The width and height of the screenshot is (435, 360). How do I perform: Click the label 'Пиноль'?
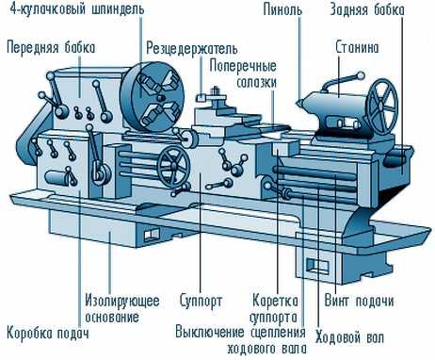(x=282, y=10)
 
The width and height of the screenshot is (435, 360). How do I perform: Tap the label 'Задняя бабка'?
(x=367, y=10)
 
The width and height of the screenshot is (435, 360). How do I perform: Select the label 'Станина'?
(x=357, y=48)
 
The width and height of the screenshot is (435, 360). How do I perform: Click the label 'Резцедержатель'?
(x=192, y=49)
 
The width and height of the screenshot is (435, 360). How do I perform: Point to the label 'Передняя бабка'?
(x=51, y=48)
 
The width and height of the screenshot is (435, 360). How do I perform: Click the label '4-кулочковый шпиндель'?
(x=77, y=9)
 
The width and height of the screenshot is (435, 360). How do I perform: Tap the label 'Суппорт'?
(x=201, y=302)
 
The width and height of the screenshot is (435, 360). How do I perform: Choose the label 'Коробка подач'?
(x=48, y=334)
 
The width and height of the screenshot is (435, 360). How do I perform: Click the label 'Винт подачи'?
(x=359, y=301)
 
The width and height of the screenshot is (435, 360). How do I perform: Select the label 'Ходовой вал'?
(x=349, y=337)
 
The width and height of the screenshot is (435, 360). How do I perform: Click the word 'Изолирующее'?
(x=122, y=302)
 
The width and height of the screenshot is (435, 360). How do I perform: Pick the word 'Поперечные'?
(x=243, y=67)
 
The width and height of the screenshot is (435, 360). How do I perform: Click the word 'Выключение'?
(x=210, y=333)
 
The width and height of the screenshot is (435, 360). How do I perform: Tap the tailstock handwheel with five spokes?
(x=382, y=106)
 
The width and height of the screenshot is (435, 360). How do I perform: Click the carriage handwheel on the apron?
(x=173, y=167)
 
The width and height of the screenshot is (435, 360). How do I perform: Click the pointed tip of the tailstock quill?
(x=298, y=102)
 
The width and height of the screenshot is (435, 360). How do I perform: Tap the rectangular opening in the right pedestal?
(x=317, y=266)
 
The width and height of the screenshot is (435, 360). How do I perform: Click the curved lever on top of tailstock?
(x=343, y=81)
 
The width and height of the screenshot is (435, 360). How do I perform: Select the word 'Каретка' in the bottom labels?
(x=275, y=301)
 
